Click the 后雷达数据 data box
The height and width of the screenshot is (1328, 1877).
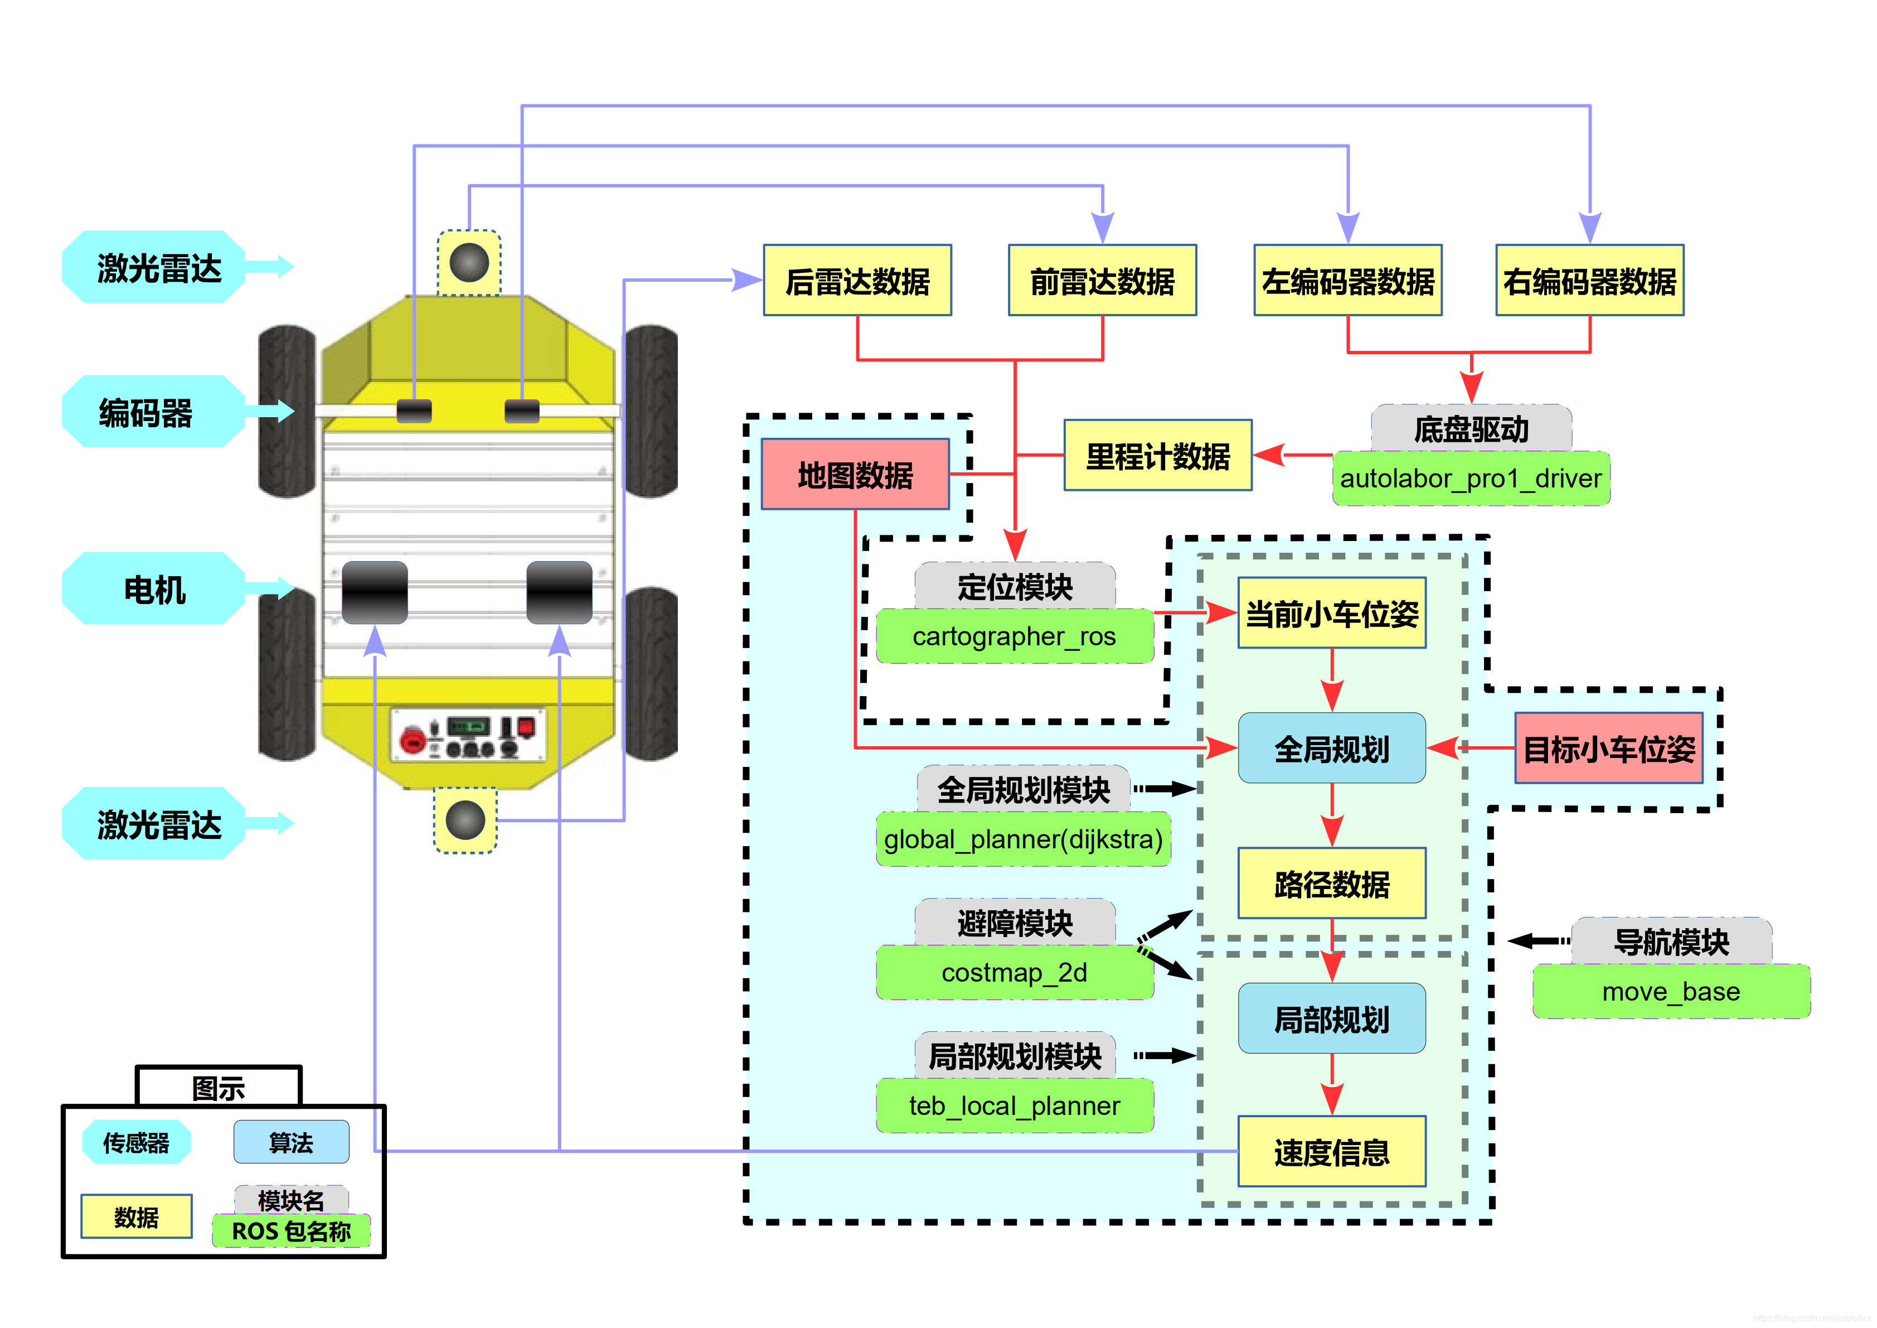point(857,281)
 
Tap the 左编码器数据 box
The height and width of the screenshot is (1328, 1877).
point(1347,281)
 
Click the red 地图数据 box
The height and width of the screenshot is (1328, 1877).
point(855,474)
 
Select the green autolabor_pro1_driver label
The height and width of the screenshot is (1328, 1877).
point(1470,479)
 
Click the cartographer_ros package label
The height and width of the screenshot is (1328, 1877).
point(1013,636)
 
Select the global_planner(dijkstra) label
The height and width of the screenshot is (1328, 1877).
point(1023,839)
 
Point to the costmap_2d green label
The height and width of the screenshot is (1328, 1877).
point(1013,972)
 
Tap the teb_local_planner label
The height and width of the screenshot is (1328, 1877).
point(1013,1105)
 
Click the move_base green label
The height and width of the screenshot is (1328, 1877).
point(1670,992)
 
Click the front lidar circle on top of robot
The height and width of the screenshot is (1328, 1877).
point(468,263)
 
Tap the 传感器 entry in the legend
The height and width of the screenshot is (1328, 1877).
point(135,1142)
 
